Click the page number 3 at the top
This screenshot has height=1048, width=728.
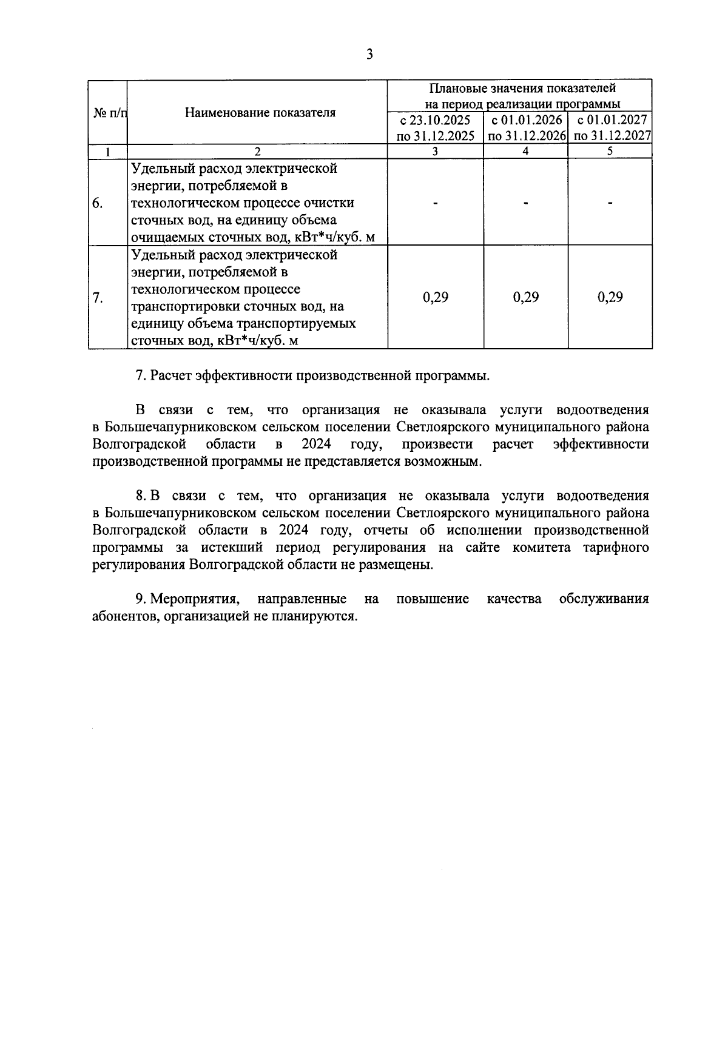click(369, 55)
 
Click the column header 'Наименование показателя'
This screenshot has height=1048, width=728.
click(260, 113)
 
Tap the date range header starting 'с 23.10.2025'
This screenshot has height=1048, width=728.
click(435, 128)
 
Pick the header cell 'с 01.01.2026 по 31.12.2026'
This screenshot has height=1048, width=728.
click(526, 128)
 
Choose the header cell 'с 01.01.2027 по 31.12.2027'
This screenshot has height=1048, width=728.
click(611, 128)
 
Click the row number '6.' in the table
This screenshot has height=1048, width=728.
click(98, 203)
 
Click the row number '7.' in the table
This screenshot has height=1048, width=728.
click(98, 298)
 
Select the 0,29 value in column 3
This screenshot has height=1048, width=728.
click(435, 297)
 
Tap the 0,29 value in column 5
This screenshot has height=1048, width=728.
click(610, 297)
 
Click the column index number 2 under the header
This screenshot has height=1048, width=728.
click(257, 152)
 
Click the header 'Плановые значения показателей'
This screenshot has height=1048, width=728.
click(522, 89)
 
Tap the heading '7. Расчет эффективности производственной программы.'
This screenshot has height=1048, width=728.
click(312, 375)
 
